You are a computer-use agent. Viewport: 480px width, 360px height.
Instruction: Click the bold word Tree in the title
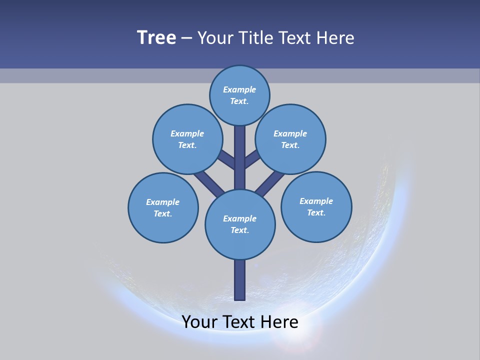point(156,37)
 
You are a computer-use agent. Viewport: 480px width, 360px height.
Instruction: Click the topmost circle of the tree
point(239,95)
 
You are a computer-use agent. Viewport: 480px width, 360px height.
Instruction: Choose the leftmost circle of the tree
point(163,207)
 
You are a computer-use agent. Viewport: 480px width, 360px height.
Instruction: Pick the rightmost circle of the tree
point(316,206)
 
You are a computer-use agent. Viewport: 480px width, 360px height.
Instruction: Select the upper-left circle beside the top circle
point(187,139)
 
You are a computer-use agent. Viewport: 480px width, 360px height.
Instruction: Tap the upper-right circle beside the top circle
point(290,139)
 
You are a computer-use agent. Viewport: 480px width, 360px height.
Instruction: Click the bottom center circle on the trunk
point(240,224)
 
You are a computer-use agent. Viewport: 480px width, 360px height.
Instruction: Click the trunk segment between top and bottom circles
point(240,157)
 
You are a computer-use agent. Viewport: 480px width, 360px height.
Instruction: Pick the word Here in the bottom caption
point(280,321)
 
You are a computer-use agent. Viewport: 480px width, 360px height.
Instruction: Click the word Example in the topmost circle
point(239,89)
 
